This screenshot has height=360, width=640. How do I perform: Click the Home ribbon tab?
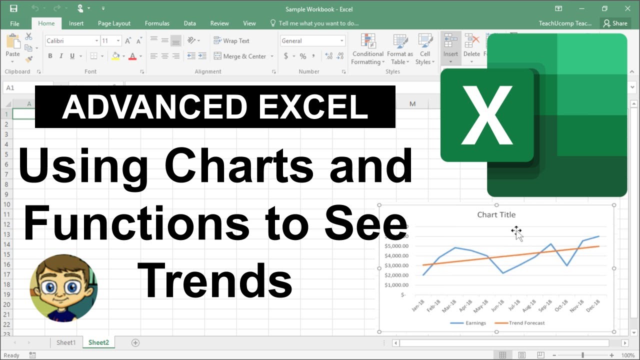click(x=46, y=23)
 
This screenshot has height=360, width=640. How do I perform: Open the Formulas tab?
click(x=157, y=23)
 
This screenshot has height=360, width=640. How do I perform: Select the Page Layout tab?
click(x=114, y=23)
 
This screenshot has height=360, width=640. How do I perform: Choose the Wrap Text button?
click(x=231, y=41)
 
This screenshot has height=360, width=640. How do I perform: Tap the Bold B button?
click(x=50, y=56)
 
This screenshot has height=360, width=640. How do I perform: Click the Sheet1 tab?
click(x=66, y=342)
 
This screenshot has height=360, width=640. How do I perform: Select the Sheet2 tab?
click(x=98, y=342)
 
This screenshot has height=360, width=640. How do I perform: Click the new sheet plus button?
click(x=135, y=342)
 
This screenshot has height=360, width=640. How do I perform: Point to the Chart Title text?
click(x=496, y=214)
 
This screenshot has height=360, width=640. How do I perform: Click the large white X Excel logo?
click(x=487, y=115)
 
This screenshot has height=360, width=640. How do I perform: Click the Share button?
click(x=615, y=23)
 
